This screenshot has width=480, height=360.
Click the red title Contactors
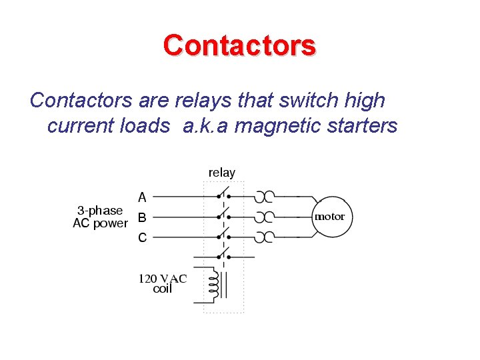(239, 46)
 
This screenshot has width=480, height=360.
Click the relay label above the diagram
(221, 173)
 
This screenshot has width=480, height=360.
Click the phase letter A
(142, 197)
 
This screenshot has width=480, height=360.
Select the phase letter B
(141, 217)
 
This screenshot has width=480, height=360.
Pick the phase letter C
(142, 237)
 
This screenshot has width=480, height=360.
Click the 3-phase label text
(97, 210)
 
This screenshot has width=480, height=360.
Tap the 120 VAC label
(162, 279)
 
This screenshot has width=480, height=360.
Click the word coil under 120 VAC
(162, 289)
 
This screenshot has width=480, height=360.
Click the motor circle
(329, 217)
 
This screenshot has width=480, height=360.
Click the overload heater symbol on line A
(265, 197)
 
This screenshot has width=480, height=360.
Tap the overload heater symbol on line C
(265, 237)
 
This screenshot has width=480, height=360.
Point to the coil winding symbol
(213, 283)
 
